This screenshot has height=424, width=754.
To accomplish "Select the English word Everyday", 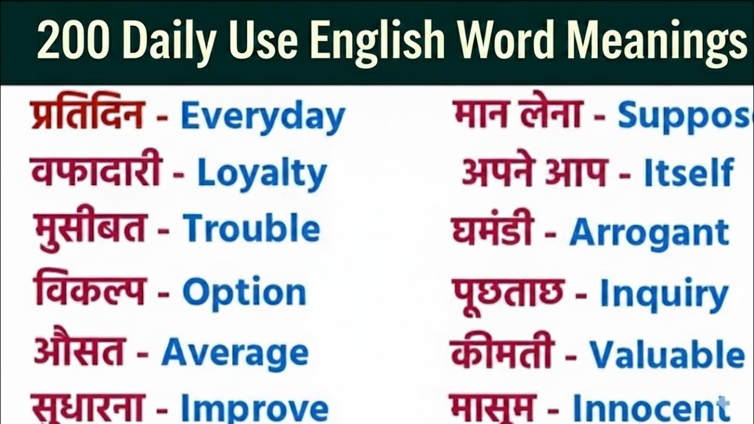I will tap(262, 117).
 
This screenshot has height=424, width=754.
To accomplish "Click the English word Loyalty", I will tap(262, 174).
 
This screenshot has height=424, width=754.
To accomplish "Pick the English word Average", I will tap(234, 352).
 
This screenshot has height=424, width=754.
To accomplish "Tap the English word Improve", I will tap(254, 408).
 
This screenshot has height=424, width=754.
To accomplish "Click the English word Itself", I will tap(689, 173).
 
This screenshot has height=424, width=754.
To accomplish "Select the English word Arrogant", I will tap(649, 232).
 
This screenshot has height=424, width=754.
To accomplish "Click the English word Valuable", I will tap(667, 355).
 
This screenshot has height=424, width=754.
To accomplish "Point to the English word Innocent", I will tap(643, 408).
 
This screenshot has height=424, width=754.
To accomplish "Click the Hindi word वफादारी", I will tap(96, 171).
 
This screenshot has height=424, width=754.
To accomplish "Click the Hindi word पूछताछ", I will tap(508, 293).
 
